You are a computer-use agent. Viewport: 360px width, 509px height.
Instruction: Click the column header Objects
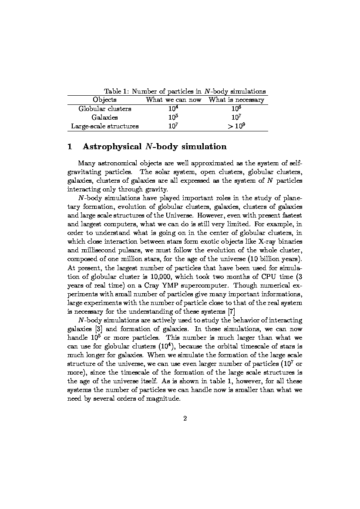click(104, 100)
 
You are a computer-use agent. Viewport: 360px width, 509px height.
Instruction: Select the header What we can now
click(174, 100)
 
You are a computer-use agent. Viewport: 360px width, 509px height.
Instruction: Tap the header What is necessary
click(236, 100)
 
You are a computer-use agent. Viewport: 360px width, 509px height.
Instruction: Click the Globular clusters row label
click(104, 109)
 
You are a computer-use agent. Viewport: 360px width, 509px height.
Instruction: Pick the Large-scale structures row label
click(104, 126)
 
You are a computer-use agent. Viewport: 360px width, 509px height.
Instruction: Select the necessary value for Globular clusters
click(236, 108)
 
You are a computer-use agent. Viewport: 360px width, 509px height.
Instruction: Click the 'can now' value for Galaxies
click(174, 117)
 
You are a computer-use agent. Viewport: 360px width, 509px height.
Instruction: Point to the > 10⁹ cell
click(236, 126)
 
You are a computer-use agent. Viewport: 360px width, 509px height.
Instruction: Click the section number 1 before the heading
click(70, 147)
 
